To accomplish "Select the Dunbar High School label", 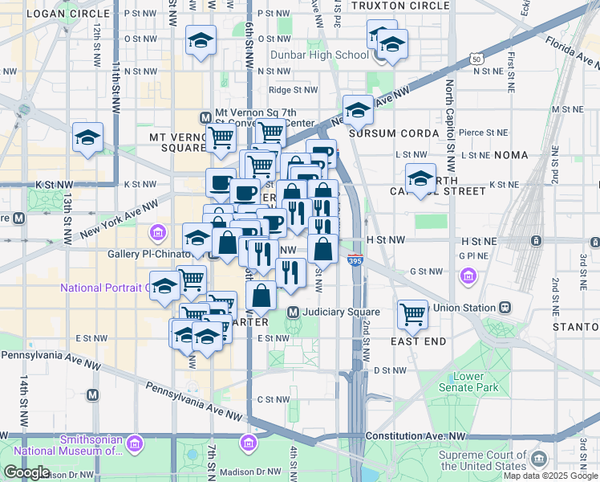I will point(322,55).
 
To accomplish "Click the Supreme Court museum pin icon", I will point(538,459).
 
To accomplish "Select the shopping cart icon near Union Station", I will point(413,314).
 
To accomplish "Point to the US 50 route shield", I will point(477,59).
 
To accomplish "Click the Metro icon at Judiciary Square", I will point(294,312).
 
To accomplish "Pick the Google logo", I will point(26,472).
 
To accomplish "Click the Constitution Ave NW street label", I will point(415,436).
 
